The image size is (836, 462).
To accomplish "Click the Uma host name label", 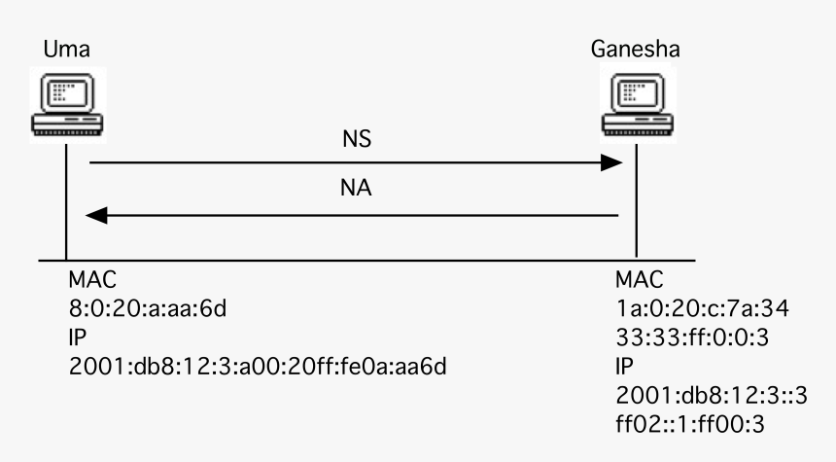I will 64,50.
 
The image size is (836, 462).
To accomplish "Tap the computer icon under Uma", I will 65,105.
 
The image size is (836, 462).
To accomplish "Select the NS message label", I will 358,140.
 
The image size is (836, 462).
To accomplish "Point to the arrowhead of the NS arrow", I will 610,163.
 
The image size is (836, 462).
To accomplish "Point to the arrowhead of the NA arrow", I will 98,215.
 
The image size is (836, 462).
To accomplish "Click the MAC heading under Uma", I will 91,280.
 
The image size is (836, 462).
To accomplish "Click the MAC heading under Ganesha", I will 639,280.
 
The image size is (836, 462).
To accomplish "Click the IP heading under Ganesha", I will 623,369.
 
